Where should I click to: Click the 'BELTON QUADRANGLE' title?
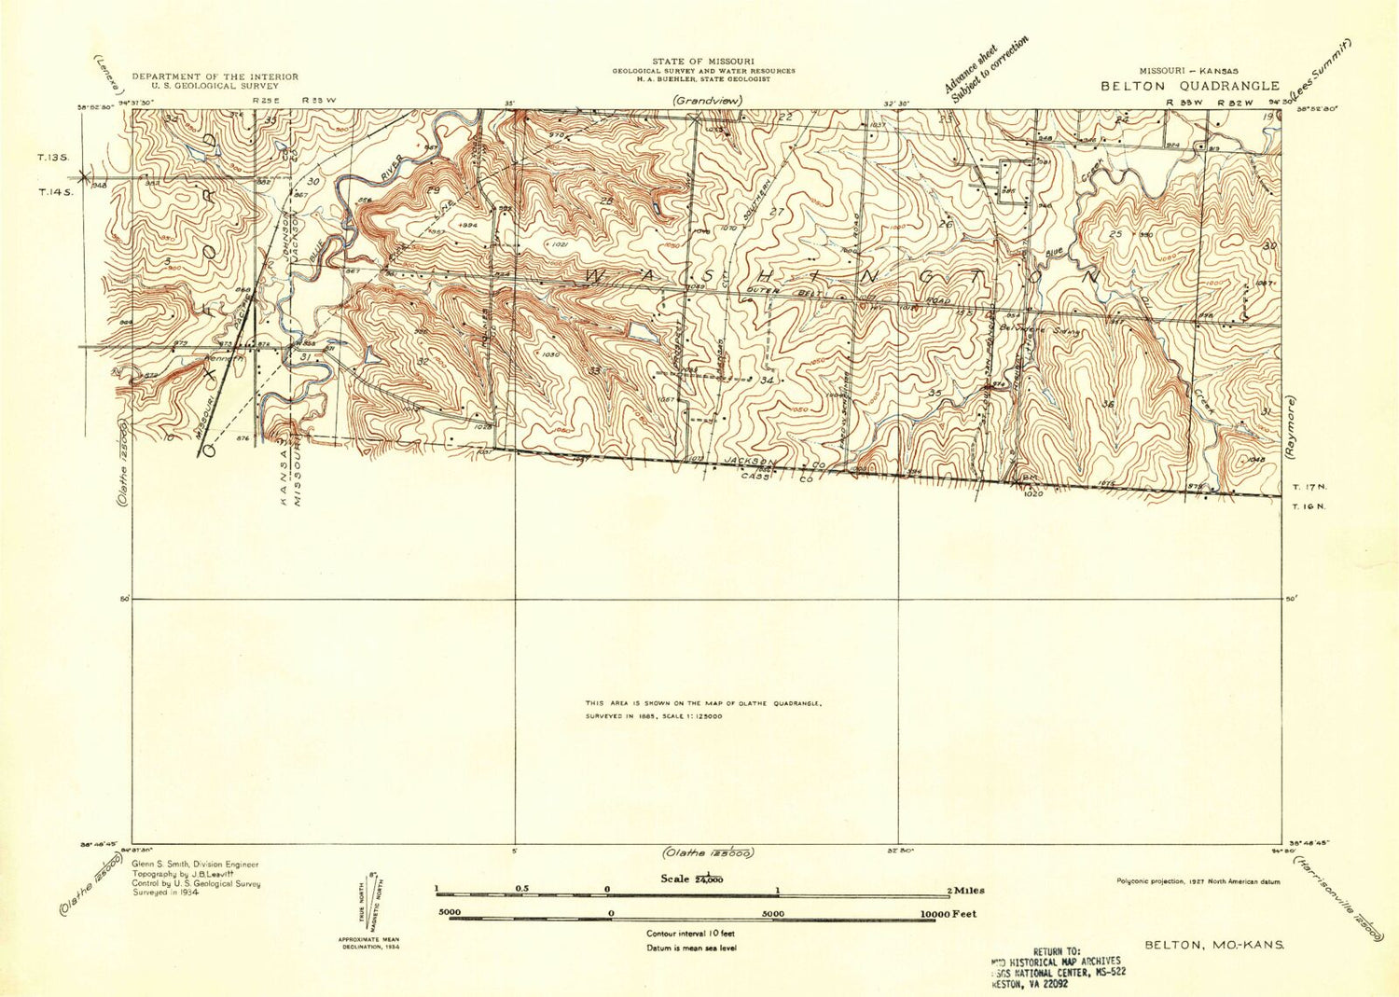[1190, 86]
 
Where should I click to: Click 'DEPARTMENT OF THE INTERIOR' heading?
[215, 76]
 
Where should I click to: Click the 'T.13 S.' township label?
[53, 159]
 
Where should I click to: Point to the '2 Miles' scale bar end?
[966, 891]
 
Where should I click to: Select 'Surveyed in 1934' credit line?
[163, 893]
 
